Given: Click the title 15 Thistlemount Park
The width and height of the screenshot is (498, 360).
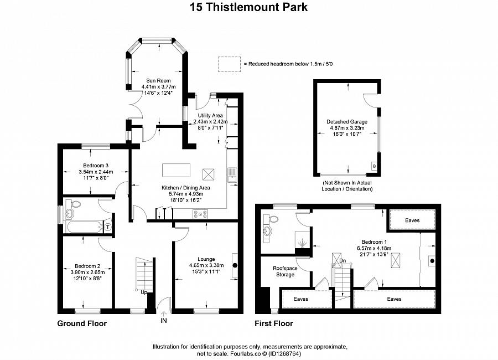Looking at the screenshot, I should (x=248, y=7).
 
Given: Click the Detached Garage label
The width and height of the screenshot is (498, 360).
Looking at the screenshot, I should (x=347, y=121).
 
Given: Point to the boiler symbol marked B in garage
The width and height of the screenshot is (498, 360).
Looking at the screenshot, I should (x=374, y=166).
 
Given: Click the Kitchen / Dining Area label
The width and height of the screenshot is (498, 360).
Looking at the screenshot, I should (x=185, y=188).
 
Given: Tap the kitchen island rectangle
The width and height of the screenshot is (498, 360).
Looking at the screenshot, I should (x=176, y=169).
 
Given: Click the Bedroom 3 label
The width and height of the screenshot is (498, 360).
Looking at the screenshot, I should (x=96, y=166).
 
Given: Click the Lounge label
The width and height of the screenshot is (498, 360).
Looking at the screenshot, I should (x=205, y=259).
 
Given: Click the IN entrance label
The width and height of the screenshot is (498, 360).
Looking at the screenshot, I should (x=164, y=320).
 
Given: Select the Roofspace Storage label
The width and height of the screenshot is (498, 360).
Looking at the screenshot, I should (x=283, y=271).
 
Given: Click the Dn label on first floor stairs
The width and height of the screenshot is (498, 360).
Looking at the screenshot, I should (x=343, y=261).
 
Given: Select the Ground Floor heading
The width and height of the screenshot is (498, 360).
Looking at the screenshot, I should (x=82, y=323).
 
